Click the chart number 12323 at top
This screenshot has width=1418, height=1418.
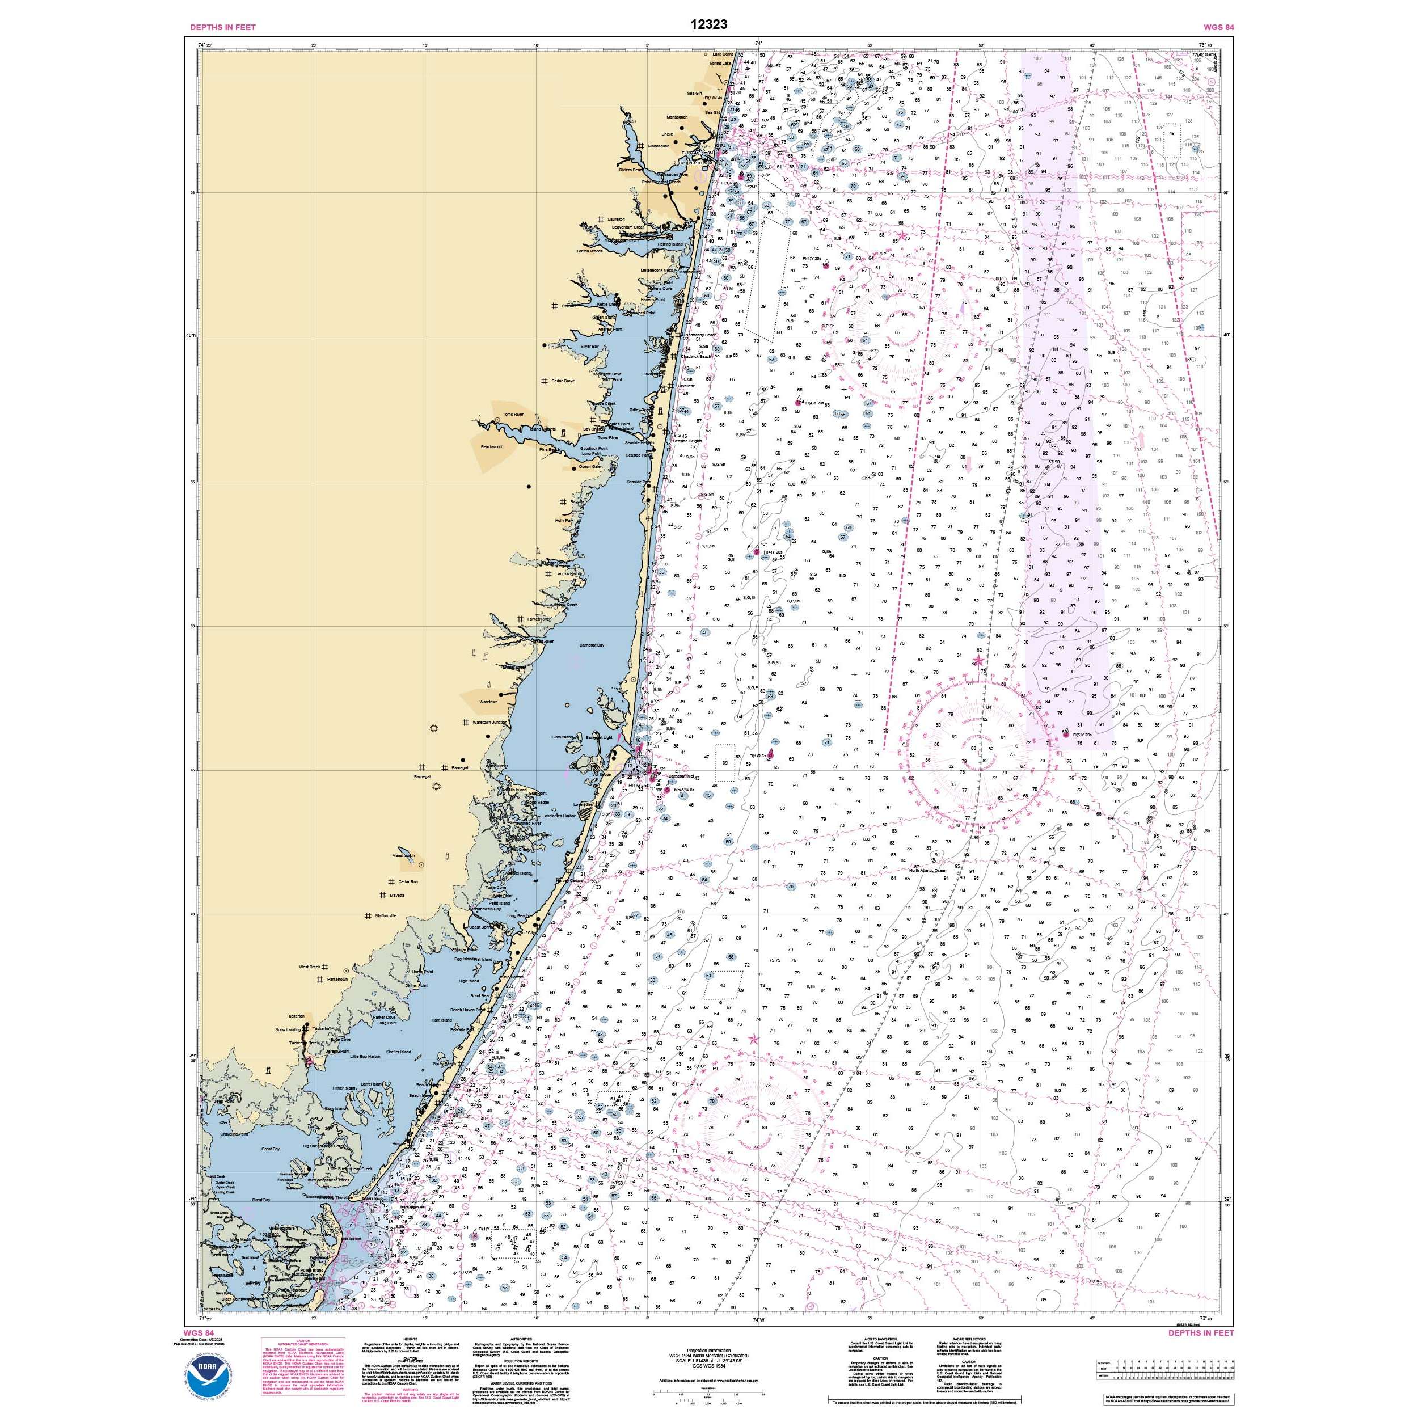click(708, 24)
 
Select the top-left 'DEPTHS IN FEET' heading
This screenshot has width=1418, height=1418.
click(212, 27)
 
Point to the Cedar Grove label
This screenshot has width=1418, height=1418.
click(563, 381)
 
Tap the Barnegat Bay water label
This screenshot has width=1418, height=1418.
click(592, 645)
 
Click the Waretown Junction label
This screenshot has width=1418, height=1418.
click(489, 722)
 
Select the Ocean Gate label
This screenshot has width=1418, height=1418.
click(589, 467)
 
